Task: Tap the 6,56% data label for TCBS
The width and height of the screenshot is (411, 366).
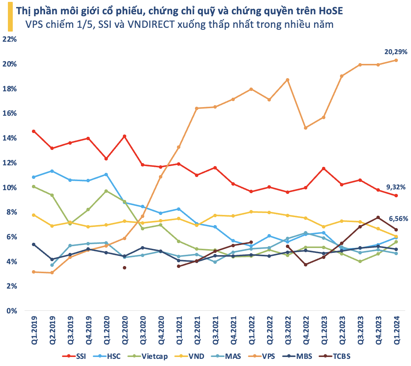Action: (397, 219)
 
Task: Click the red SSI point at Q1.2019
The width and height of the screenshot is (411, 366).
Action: (34, 131)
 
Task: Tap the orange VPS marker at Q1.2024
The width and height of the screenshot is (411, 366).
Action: (396, 60)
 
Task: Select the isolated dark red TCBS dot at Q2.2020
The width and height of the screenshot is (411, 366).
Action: (124, 268)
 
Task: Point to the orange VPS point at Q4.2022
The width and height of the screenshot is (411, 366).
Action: (305, 128)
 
